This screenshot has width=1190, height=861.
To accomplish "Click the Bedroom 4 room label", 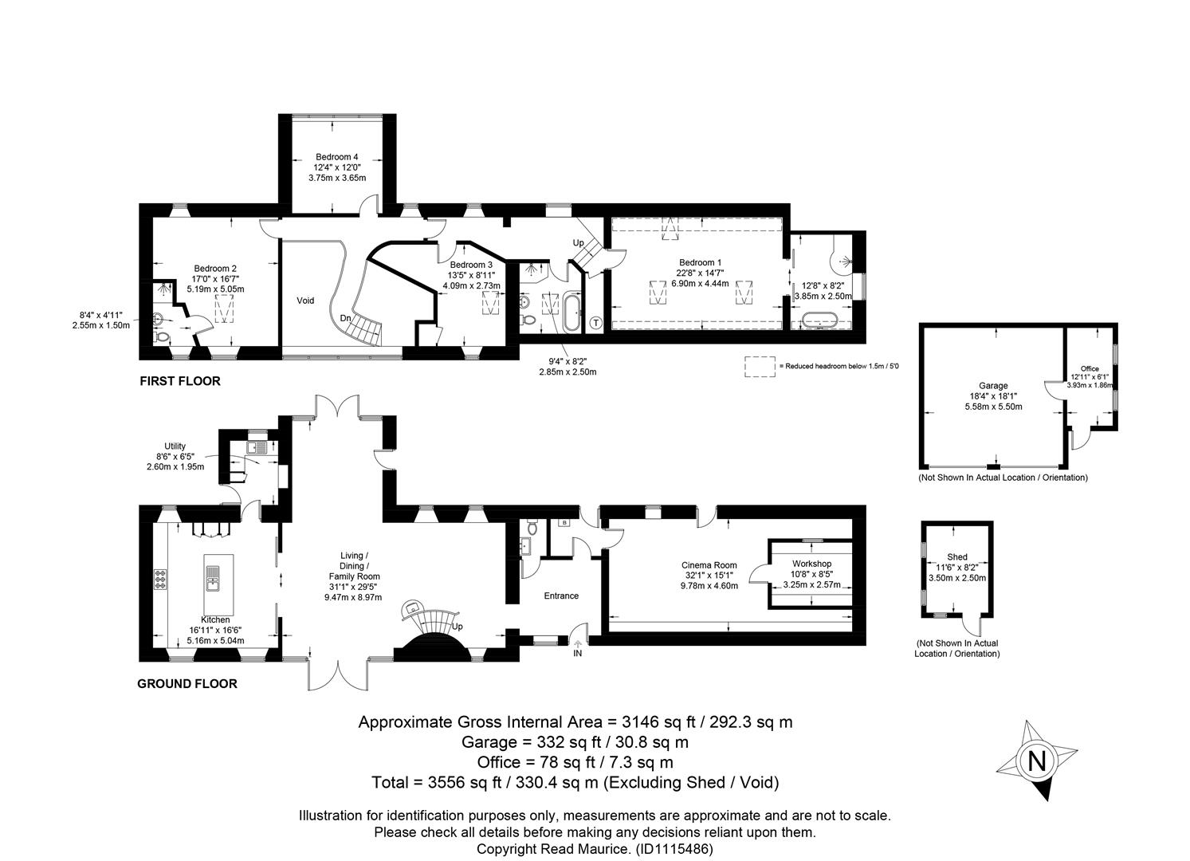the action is coord(337,157).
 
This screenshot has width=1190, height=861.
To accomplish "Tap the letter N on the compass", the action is coord(1036,761).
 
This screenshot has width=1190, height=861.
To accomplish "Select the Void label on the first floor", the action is coord(305,301).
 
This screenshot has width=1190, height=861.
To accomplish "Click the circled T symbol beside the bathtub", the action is coord(596,323).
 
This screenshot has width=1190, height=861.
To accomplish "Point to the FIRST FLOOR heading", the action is coord(180,381).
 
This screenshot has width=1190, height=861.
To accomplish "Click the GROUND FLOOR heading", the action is coord(187,684).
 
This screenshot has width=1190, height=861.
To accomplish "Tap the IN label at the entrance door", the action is coord(578,653).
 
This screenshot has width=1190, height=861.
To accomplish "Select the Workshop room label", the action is coord(811,564).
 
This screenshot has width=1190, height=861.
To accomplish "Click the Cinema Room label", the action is coord(709,565).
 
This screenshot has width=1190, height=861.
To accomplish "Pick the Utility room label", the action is coord(175,446).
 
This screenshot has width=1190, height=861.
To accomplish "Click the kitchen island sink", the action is coord(213,578).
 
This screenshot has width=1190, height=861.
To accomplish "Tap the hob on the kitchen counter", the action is coord(160,580).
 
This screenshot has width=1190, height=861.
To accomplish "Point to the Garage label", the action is coord(993,386).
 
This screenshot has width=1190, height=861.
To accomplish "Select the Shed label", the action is coord(957,557).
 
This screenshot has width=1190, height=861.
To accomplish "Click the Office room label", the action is coord(1090,369).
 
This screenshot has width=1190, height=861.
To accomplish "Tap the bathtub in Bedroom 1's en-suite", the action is coord(819,320).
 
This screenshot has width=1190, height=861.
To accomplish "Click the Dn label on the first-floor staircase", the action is coord(345,318).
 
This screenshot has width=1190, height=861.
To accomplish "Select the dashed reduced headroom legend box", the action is coord(760,367).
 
